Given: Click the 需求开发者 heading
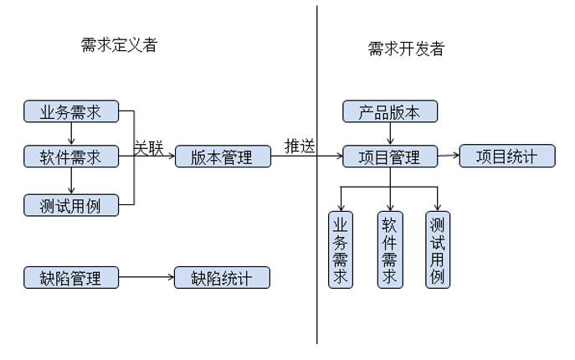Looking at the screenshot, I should [x=406, y=49].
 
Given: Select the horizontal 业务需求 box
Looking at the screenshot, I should [x=71, y=111].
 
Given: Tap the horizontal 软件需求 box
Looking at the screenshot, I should [x=71, y=157].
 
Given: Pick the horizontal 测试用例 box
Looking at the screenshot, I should [x=71, y=203].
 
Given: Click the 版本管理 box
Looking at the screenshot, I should [x=222, y=157].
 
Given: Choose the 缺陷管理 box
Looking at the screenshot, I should [x=71, y=277].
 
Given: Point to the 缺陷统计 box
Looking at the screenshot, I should [x=222, y=277].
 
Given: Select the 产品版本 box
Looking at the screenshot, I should [x=390, y=111].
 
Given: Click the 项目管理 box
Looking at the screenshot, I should [x=390, y=157].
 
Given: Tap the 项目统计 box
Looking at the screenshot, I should [x=507, y=156].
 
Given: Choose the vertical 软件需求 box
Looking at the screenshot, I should [x=389, y=249].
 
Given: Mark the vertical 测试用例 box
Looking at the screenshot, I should [x=437, y=249].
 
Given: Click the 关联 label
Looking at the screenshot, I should [x=150, y=147].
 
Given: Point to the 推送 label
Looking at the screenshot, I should [x=300, y=146].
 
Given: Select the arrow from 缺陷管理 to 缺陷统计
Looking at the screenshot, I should [x=146, y=277].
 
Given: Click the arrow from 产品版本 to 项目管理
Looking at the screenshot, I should [x=390, y=134].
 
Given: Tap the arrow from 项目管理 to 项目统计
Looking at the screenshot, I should [x=449, y=156].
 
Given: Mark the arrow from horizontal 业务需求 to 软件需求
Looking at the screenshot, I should [x=71, y=133].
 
